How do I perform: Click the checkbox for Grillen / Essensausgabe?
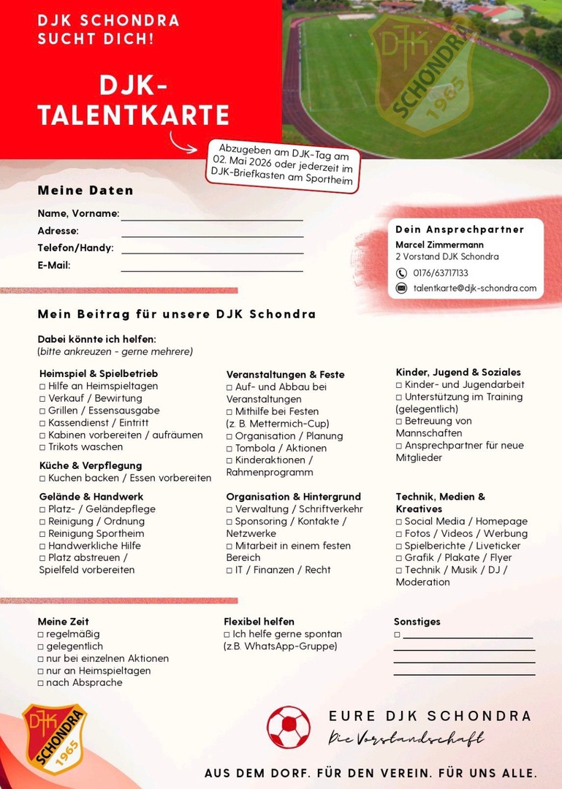[42, 411]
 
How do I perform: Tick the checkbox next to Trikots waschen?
[42, 447]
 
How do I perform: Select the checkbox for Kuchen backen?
[42, 479]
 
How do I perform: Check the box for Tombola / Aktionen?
[229, 449]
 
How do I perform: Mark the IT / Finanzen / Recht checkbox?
[229, 570]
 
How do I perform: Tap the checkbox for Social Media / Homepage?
[399, 522]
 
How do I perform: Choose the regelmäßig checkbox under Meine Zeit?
[41, 634]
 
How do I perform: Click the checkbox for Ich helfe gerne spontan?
[227, 634]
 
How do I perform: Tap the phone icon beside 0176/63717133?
[401, 273]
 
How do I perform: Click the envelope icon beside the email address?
[401, 289]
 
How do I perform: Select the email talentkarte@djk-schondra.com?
[475, 289]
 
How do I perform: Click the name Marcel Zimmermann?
[439, 245]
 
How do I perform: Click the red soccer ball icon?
[289, 726]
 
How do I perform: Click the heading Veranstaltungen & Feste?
[285, 375]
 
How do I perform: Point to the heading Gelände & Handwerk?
[91, 497]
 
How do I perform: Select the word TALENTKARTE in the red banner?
[134, 115]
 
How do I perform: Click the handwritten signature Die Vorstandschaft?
[406, 739]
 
